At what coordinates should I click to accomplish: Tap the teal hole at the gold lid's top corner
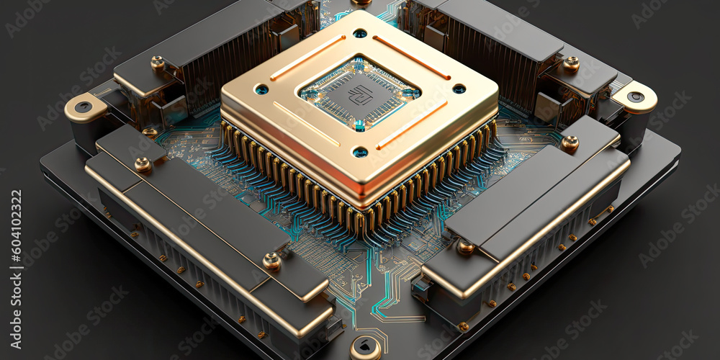click(x=359, y=33)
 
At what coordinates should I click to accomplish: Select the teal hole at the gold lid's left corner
click(x=261, y=89)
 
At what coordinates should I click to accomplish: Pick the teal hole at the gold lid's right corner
click(x=459, y=89)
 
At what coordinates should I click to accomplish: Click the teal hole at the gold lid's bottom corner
click(x=360, y=152)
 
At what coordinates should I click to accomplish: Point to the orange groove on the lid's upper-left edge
click(x=307, y=58)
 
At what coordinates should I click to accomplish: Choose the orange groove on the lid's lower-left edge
click(x=305, y=123)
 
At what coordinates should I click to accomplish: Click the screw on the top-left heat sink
click(x=158, y=63)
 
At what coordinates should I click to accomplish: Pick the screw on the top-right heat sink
click(x=571, y=63)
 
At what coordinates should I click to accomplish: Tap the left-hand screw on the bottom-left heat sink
click(x=143, y=165)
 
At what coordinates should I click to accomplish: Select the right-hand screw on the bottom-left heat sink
click(x=271, y=261)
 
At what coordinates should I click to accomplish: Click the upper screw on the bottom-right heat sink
click(x=570, y=143)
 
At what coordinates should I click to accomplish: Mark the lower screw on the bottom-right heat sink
click(x=466, y=248)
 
